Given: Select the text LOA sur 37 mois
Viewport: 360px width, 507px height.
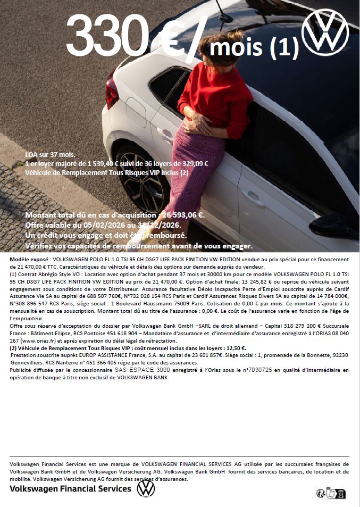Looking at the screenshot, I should (50, 154).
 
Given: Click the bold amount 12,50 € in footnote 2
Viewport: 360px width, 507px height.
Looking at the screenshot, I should (235, 348).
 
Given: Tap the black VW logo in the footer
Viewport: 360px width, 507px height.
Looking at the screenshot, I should (146, 488).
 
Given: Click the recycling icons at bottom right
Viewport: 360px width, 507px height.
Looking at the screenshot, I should (330, 493).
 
